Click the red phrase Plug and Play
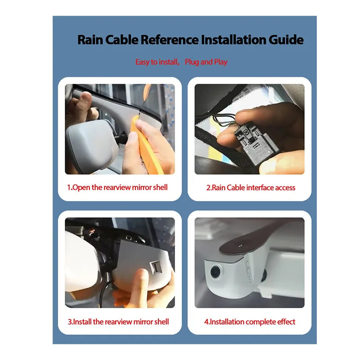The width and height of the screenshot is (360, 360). pos(206,62)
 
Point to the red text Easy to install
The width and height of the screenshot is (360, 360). pos(157,62)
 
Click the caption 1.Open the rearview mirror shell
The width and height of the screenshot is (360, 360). pos(117,187)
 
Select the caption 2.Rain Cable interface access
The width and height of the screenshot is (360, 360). pos(251,188)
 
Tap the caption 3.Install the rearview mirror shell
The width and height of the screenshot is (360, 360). pos(118,322)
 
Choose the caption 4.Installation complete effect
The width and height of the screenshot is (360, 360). pos(250,322)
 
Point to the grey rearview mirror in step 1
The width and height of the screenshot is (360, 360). pos(92,144)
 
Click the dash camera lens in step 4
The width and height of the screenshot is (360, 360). pos(216,271)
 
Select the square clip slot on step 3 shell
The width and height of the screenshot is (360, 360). pos(156,267)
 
